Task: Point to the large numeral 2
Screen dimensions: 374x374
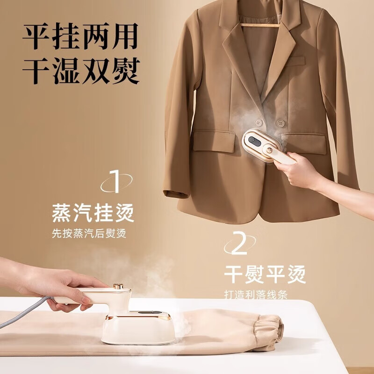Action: (239, 245)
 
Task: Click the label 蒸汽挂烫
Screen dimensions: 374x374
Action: (93, 213)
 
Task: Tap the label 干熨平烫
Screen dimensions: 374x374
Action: (265, 273)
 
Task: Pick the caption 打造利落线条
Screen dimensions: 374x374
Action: (255, 295)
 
